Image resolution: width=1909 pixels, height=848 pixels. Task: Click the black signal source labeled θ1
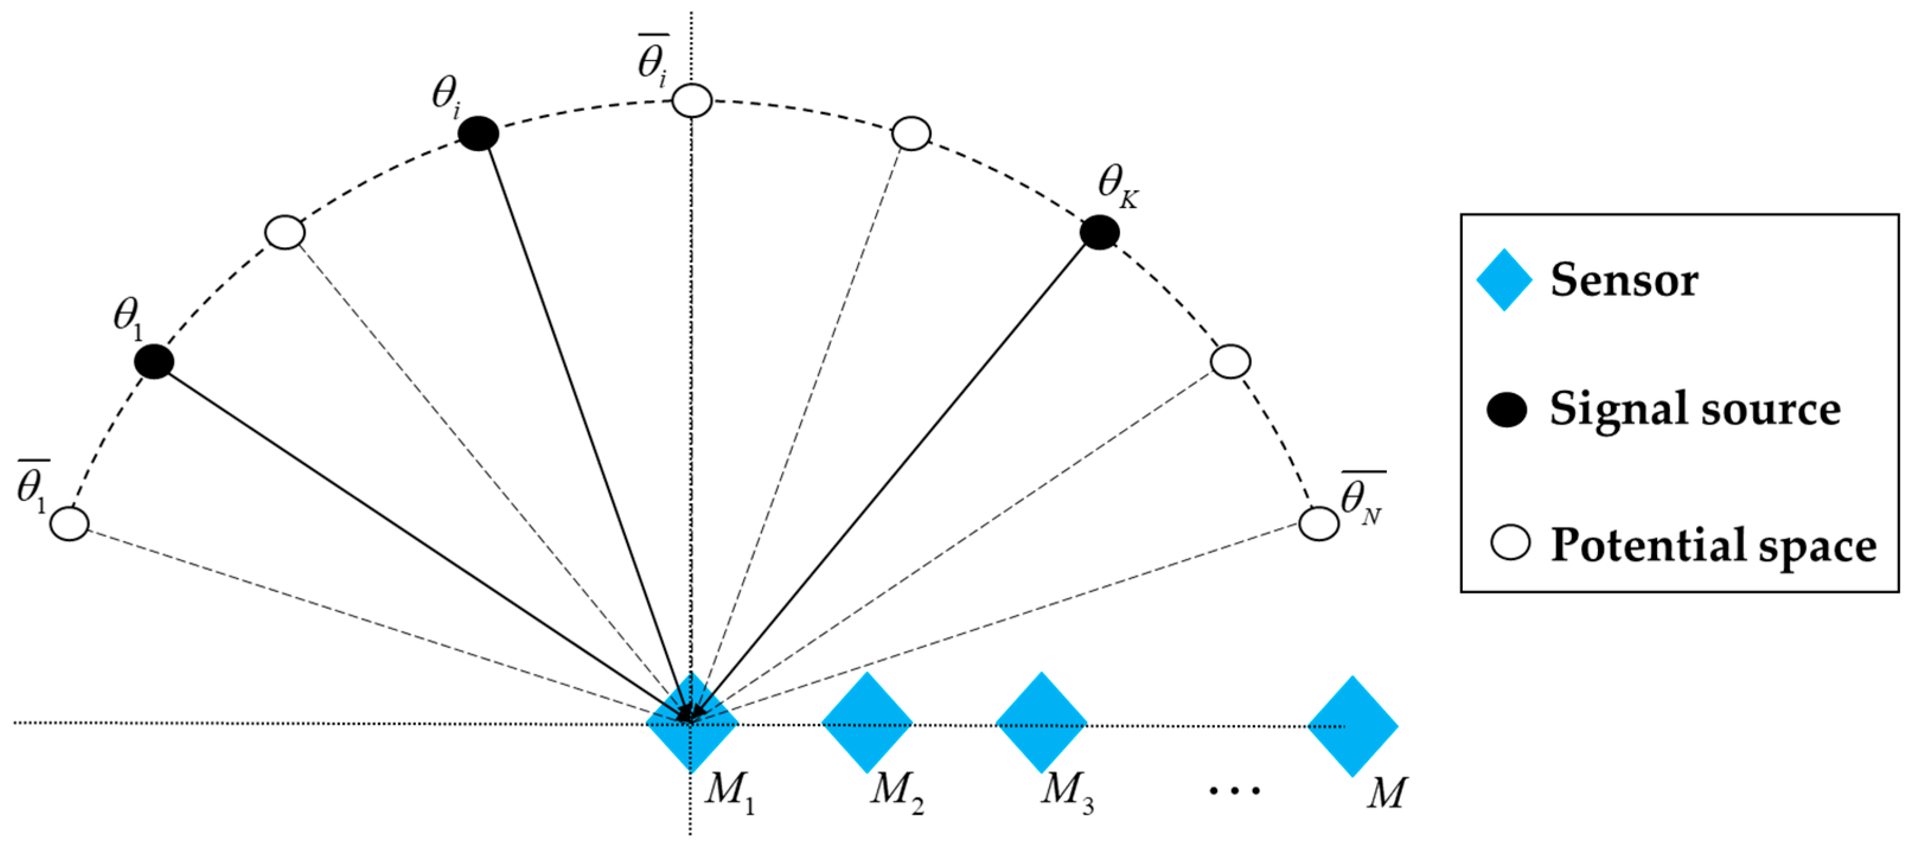pos(154,361)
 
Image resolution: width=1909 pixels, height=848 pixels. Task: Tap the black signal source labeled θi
pos(478,134)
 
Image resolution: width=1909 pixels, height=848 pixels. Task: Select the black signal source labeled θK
pos(1099,233)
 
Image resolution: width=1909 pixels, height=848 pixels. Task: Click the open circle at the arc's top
pos(692,101)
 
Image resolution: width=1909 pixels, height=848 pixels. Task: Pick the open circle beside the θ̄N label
pos(1318,524)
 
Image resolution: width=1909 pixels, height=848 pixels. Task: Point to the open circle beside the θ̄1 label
pos(70,523)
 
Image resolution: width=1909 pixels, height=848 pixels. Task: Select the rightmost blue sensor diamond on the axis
pos(1352,726)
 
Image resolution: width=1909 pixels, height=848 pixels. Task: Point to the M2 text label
pos(897,792)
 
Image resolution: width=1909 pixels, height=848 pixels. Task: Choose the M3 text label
pos(1067,792)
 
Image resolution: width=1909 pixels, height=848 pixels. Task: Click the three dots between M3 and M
pos(1235,791)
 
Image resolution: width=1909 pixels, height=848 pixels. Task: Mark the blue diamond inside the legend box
pos(1504,280)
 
